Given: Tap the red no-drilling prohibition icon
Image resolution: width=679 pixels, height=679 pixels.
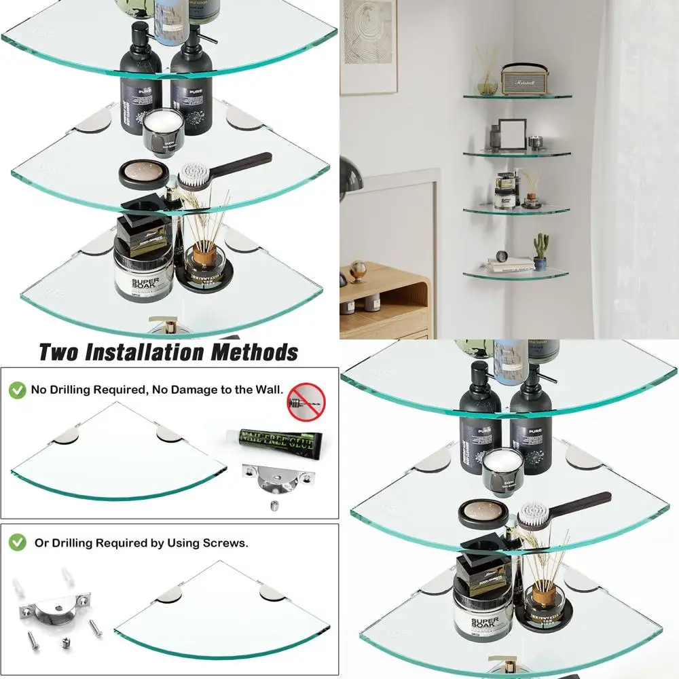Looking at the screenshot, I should coord(306,400).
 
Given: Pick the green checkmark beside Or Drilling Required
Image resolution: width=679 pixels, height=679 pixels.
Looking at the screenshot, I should coord(18,543).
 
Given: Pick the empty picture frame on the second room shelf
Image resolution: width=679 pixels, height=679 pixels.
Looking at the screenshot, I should coord(512,134).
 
